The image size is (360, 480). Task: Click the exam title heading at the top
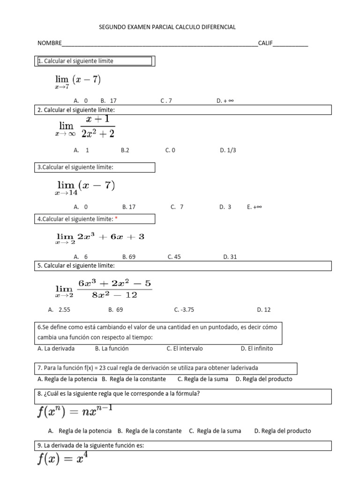[x=167, y=27]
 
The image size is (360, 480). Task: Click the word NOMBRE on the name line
[x=49, y=44]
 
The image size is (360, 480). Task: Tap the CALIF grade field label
[x=265, y=44]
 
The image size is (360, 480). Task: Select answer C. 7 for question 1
[x=166, y=101]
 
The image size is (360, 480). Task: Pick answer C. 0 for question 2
[x=170, y=150]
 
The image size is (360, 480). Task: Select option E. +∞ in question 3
[x=254, y=207]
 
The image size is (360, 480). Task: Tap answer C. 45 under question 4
[x=174, y=257]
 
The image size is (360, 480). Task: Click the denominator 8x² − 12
[x=115, y=295]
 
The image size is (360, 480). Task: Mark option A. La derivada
[x=56, y=349]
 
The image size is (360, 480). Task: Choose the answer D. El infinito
[x=257, y=349]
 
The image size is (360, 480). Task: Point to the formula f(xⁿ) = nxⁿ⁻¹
[x=75, y=412]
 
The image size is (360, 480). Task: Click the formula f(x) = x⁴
[x=62, y=459]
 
